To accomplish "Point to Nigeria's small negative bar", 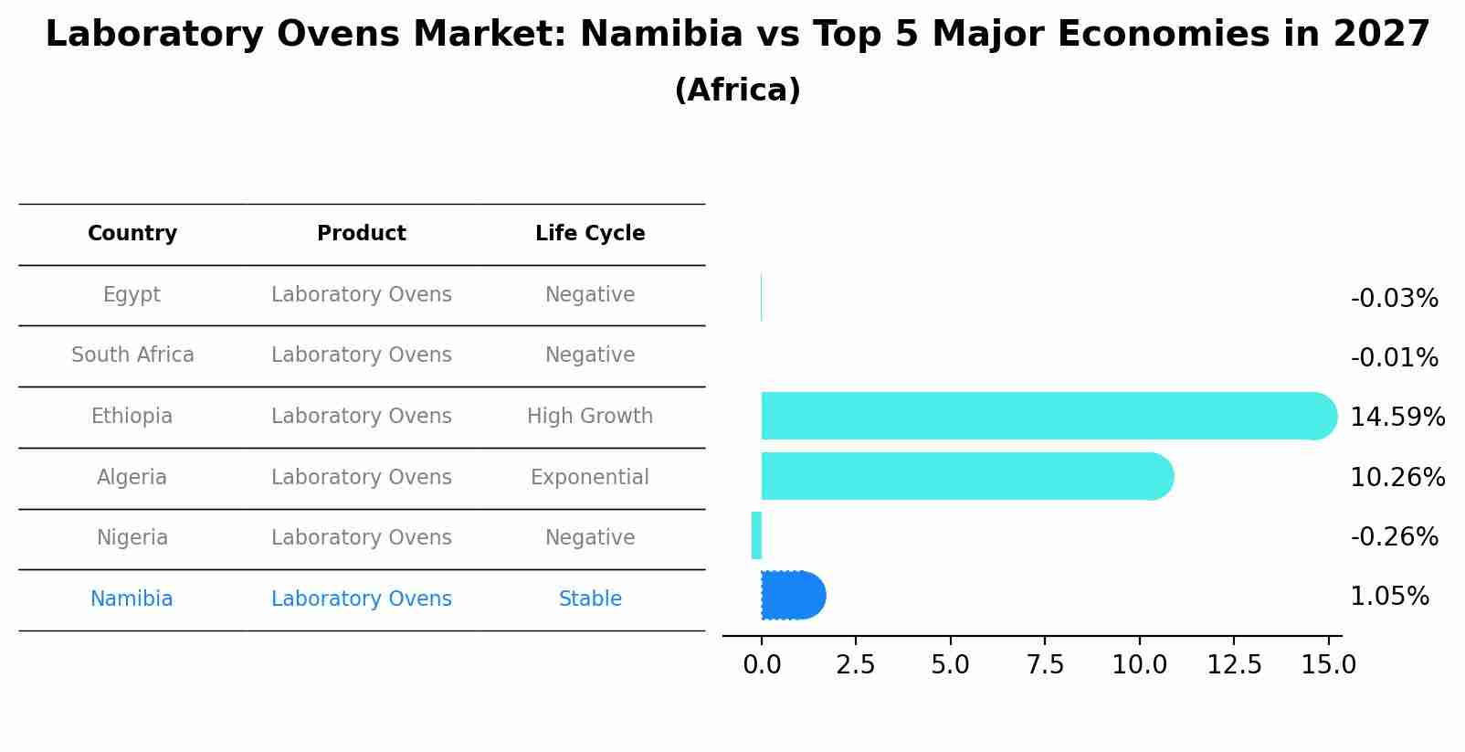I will [x=756, y=535].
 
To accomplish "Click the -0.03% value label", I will [x=1394, y=299].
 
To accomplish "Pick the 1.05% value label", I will [x=1389, y=597].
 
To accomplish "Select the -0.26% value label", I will [x=1394, y=536].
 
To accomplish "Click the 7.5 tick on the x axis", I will [x=1045, y=665].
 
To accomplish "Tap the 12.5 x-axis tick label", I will [x=1234, y=665].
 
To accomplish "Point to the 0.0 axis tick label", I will [x=762, y=665].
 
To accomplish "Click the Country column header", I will [x=132, y=234].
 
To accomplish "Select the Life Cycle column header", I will [x=590, y=234].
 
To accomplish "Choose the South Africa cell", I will [x=132, y=355].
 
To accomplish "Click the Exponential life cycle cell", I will [x=590, y=477].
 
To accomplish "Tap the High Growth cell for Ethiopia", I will [x=590, y=417].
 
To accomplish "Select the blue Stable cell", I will [x=590, y=599].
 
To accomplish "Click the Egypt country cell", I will [x=132, y=295].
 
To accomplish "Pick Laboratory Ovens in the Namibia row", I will [x=362, y=599].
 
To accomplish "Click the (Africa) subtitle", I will [x=737, y=90].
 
